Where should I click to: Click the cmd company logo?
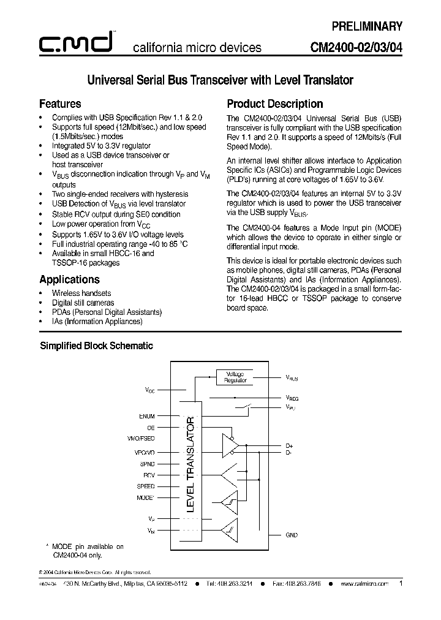pos(75,42)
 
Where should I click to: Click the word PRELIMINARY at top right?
pos(366,26)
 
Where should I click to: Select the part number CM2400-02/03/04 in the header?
pos(356,48)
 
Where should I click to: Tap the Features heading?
pos(60,104)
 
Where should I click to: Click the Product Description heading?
pos(274,104)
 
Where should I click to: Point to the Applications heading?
pos(69,279)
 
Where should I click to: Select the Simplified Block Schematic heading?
pos(96,346)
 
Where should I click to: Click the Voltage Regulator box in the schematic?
pos(235,377)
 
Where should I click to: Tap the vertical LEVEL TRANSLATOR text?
pos(190,464)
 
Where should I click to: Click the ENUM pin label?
pos(147,416)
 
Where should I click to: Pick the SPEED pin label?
pos(146,486)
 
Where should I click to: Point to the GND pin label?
pos(292,535)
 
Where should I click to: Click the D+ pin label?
pos(290,445)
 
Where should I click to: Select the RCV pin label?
pos(149,475)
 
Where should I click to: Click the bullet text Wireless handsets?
pos(81,293)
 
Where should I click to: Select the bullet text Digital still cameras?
pos(83,303)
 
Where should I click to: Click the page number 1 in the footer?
pos(401,584)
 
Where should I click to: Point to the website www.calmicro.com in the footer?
pos(364,584)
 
